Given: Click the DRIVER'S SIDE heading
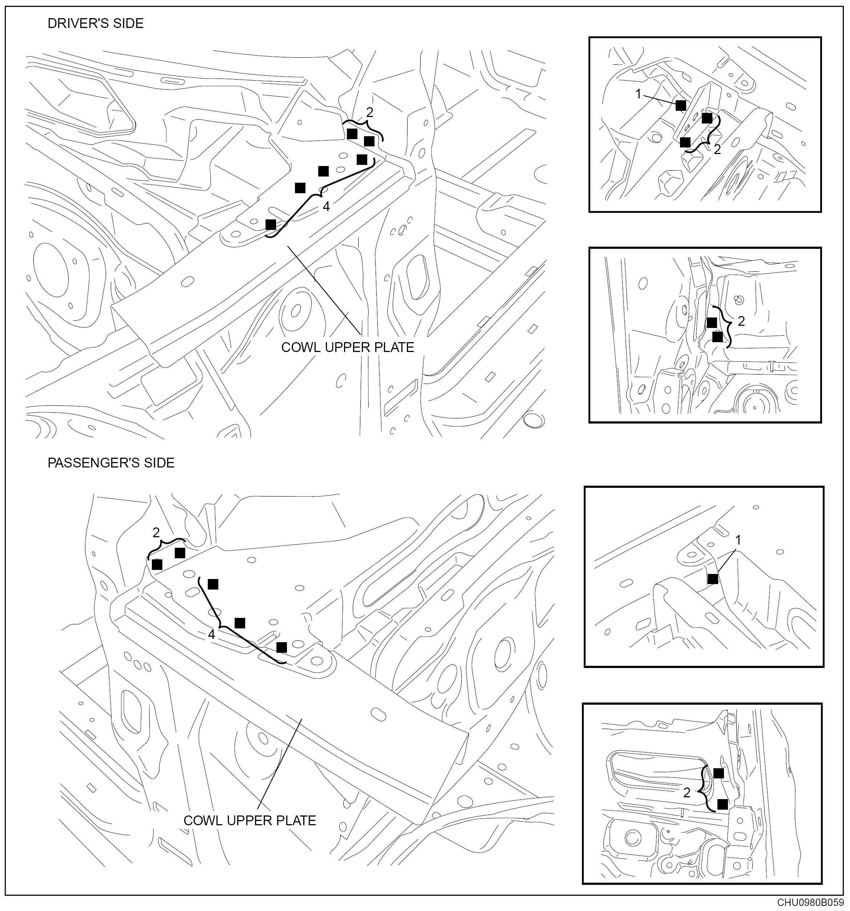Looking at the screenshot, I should pos(95,23).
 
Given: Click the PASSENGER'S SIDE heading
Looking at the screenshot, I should pos(111,463).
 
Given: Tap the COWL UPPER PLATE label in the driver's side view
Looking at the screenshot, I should pos(347,347).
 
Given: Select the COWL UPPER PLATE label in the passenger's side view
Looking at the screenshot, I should pos(250,821).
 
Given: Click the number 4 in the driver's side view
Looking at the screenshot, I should pos(326,207).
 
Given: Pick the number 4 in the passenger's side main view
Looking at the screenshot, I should pos(211,634).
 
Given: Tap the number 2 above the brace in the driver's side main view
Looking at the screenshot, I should pos(370,112).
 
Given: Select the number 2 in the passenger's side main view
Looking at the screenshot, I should pos(156,533).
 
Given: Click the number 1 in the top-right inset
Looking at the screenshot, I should pos(638,94).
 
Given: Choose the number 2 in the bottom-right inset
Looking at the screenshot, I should pos(687,792).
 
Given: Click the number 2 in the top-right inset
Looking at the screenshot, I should pos(717,149).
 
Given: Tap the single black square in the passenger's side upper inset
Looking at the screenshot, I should pos(713,579).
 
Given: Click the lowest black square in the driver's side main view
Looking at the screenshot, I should pos(271,224).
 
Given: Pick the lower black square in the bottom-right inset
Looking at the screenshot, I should pos(722,804).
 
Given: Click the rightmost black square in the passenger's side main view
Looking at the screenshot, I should pos(282,647).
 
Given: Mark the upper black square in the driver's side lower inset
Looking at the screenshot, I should pos(712,323).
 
